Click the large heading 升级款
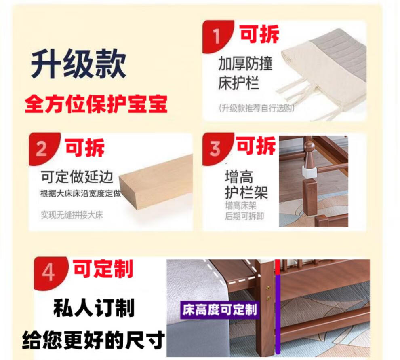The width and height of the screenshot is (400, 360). click(78, 64)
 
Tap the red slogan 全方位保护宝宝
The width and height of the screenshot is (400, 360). click(96, 104)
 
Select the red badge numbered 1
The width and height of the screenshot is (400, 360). click(217, 35)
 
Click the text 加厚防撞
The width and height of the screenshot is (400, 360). click(245, 64)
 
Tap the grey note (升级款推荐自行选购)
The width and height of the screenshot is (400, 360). click(257, 108)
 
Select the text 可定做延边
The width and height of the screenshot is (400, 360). click(77, 177)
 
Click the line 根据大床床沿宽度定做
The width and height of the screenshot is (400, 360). click(81, 193)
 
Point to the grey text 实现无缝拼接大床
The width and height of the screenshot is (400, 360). click(72, 215)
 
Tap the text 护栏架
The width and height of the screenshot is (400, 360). click(246, 192)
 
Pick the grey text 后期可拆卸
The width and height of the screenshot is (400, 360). click(244, 216)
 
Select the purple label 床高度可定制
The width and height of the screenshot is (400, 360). click(219, 310)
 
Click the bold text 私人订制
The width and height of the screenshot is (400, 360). click(94, 308)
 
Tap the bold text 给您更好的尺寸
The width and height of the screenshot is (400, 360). click(93, 340)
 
